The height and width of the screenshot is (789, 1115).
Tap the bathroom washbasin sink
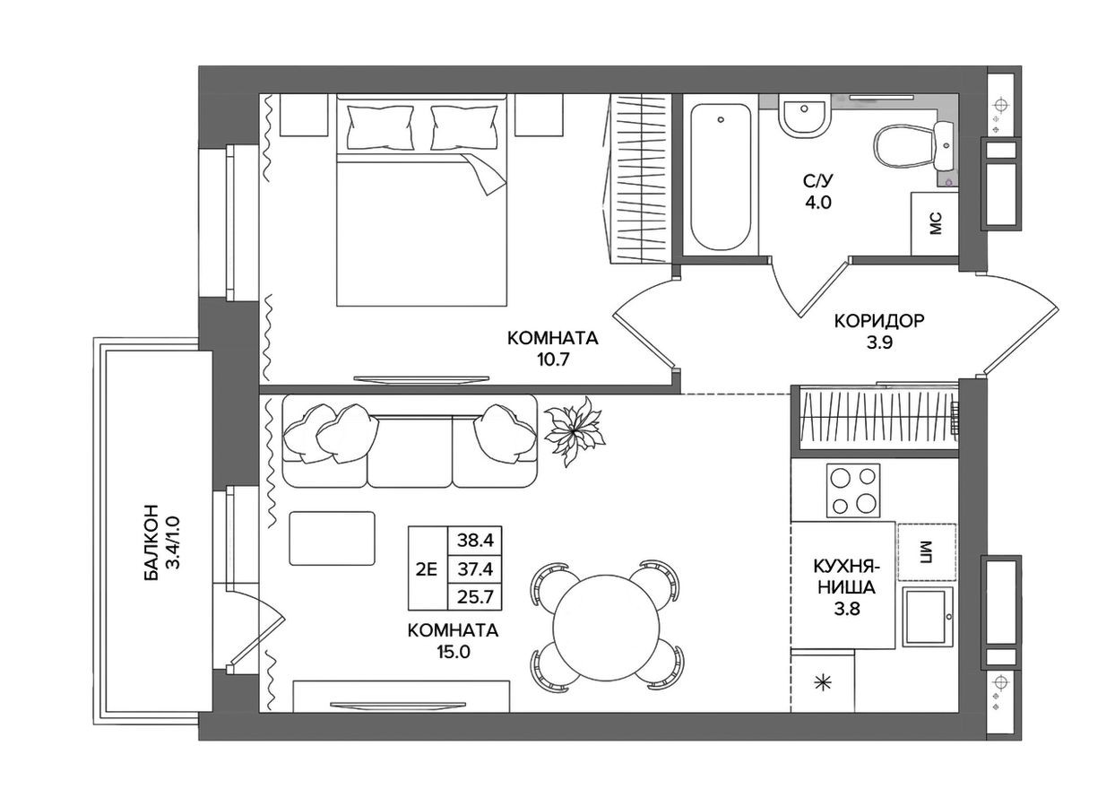802,118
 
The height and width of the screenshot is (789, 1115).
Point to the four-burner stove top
852,490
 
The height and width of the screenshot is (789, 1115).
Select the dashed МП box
927,549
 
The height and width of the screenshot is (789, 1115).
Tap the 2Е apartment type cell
427,568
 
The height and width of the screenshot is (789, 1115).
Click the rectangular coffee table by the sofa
333,539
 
